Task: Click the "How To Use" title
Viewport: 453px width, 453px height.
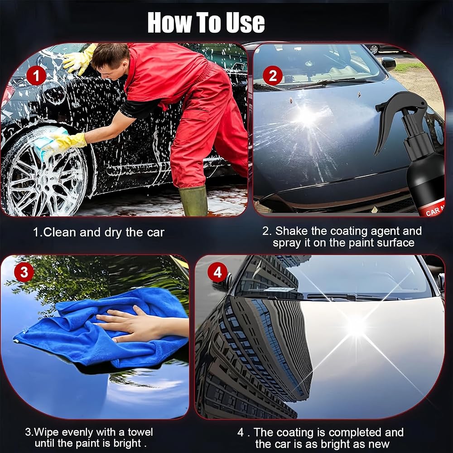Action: tap(206, 22)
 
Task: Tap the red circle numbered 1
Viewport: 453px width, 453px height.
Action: tap(36, 76)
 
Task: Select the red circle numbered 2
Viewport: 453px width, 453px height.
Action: tap(273, 75)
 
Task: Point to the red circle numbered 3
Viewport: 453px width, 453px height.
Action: tap(24, 272)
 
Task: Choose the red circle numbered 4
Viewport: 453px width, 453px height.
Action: tap(217, 272)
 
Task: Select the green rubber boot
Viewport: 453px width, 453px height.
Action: tap(193, 201)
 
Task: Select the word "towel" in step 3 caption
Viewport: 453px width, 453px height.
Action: tap(140, 432)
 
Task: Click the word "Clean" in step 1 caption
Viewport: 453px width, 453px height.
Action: tap(59, 232)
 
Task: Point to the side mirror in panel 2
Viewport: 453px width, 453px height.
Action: tap(388, 63)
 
